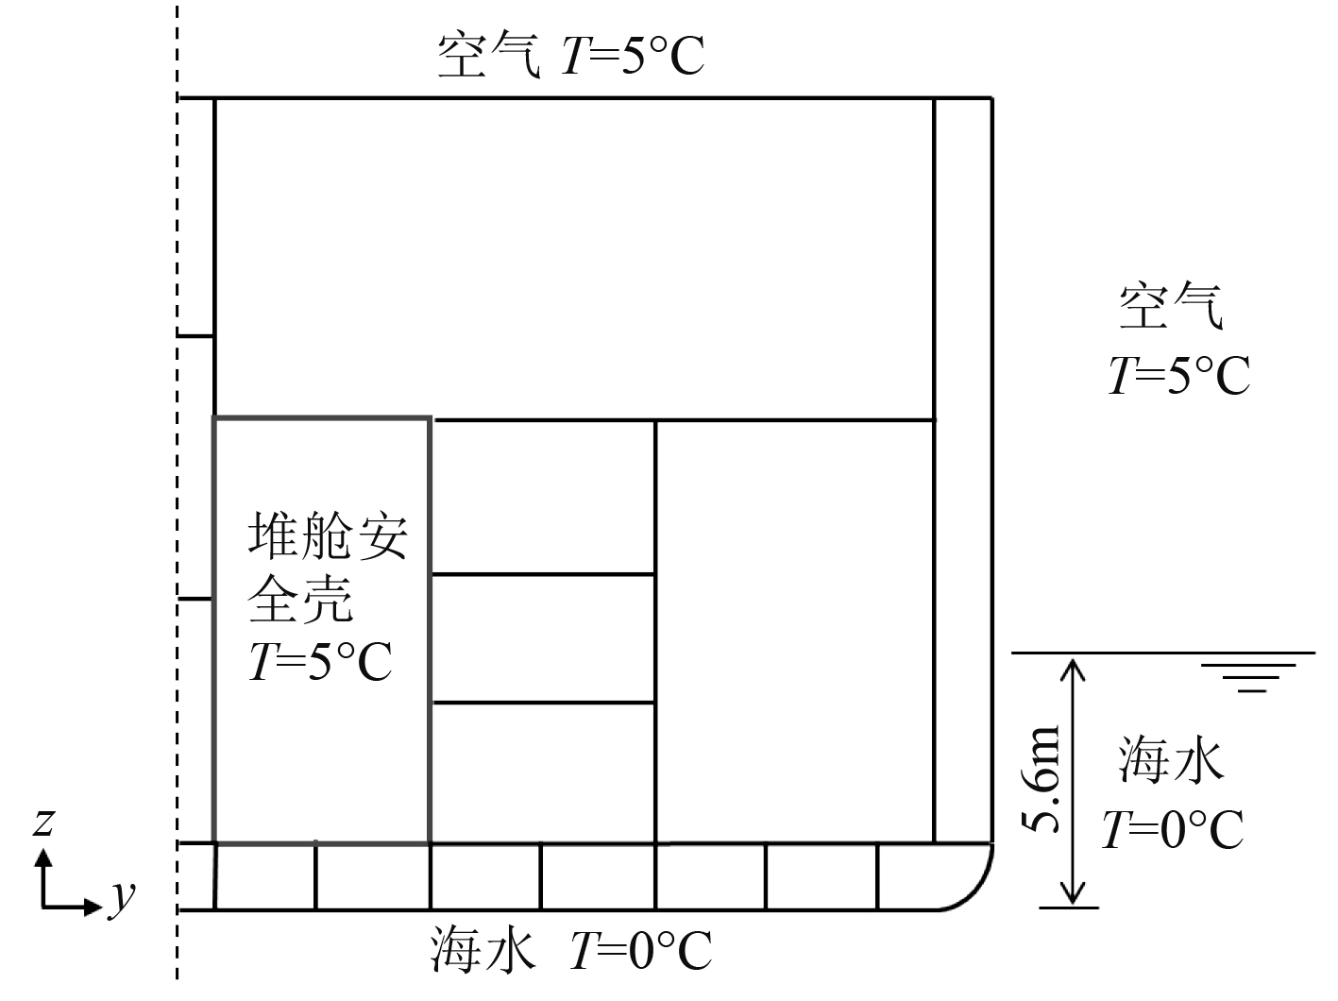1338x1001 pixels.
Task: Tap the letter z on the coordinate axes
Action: click(42, 824)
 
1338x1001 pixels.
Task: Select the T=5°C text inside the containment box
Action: click(320, 662)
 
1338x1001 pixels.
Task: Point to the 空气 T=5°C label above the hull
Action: click(571, 56)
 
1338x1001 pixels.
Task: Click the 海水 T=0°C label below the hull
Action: click(571, 951)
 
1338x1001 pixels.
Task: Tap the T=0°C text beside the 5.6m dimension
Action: click(1172, 830)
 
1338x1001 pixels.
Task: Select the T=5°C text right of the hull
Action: click(1178, 375)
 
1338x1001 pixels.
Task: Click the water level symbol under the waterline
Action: click(1249, 679)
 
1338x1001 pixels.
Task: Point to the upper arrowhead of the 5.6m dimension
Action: click(1073, 665)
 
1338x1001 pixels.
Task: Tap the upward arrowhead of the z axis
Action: click(42, 856)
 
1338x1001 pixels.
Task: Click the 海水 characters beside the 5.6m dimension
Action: click(1171, 761)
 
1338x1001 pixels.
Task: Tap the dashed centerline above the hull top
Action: click(177, 47)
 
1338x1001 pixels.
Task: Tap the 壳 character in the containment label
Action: click(330, 601)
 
